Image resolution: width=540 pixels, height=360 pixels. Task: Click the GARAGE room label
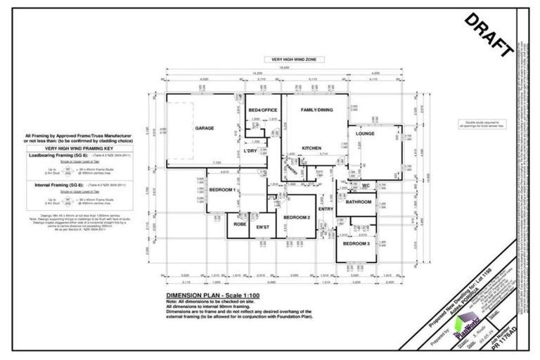tap(205, 128)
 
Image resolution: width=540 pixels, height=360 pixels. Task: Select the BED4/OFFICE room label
tap(260, 111)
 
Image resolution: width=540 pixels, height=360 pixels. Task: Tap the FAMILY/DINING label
tap(316, 111)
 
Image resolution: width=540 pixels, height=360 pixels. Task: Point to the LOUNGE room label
tap(365, 133)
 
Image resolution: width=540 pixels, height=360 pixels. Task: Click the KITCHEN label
tap(311, 148)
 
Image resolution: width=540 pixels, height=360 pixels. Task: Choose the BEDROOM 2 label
tap(297, 217)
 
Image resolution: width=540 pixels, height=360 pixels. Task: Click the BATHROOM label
tap(358, 202)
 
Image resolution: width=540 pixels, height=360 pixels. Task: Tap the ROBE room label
tap(239, 226)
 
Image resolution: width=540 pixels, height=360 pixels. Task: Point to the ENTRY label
tap(326, 209)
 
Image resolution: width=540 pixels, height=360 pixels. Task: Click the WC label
tap(366, 186)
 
